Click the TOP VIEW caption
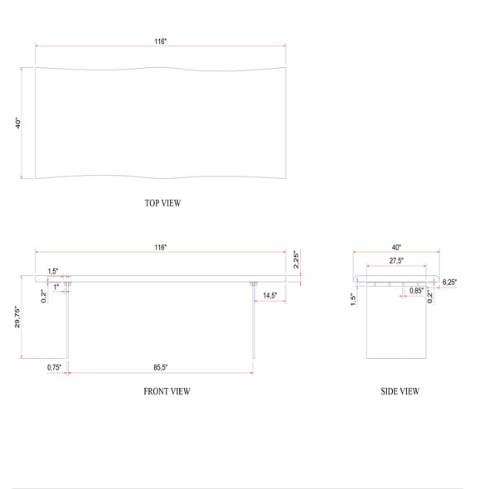(162, 203)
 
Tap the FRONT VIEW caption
(167, 391)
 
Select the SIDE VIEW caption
(399, 391)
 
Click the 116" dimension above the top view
(161, 41)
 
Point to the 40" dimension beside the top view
(18, 123)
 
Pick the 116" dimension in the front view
(161, 247)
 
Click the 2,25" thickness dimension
(296, 259)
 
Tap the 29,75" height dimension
(17, 317)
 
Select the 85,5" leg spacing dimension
(161, 367)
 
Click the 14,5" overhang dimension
(269, 295)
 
